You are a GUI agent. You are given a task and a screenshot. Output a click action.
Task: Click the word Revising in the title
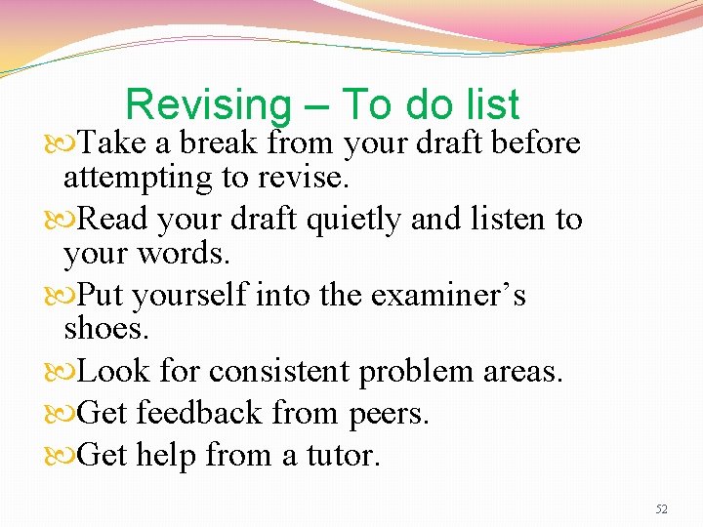pos(208,105)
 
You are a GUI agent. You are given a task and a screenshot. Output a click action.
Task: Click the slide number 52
pos(661,508)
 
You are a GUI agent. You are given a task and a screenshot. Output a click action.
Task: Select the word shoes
pos(106,329)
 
